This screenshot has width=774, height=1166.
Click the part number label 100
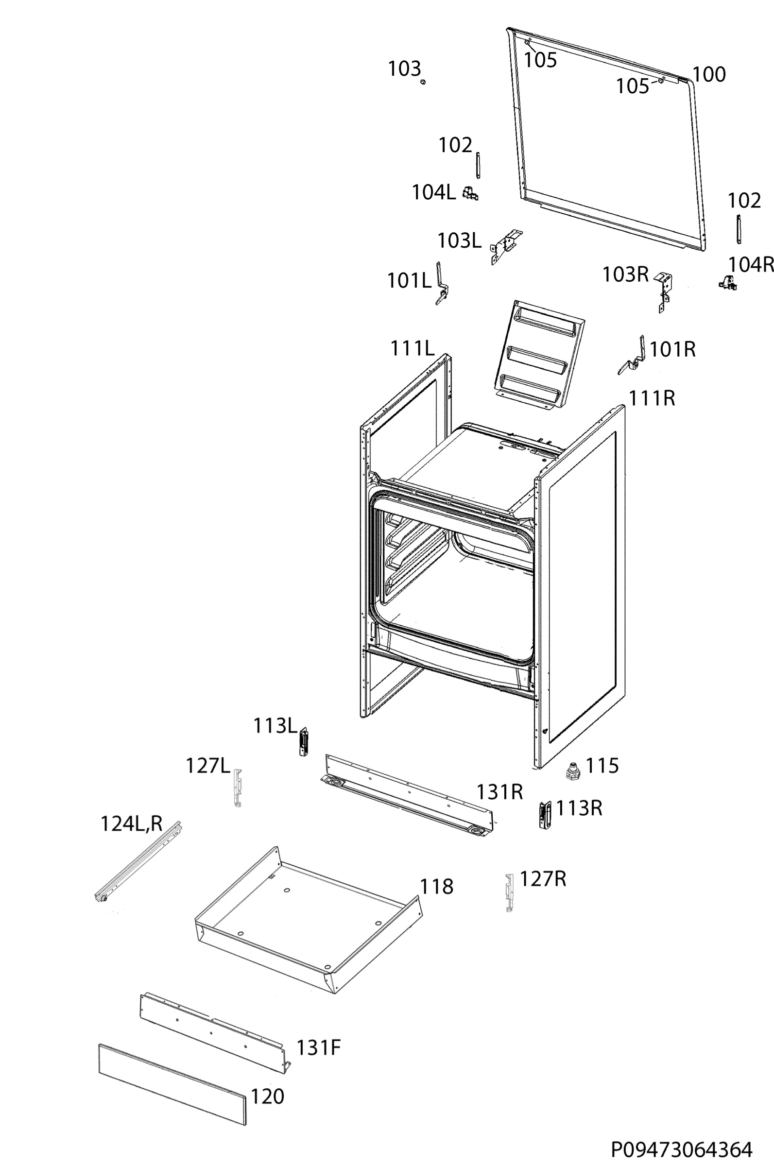tap(709, 74)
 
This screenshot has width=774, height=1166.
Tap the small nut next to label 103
tap(423, 82)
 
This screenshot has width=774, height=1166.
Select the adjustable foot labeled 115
tap(573, 770)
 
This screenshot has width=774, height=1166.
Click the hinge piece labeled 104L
tap(470, 193)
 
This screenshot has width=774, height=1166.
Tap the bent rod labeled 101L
tap(441, 284)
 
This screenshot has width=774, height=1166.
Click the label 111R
tap(652, 398)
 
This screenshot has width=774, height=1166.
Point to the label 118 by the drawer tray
tap(436, 887)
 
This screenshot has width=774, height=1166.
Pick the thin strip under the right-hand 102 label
tap(740, 229)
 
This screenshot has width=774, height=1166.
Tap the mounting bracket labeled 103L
tap(505, 247)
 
